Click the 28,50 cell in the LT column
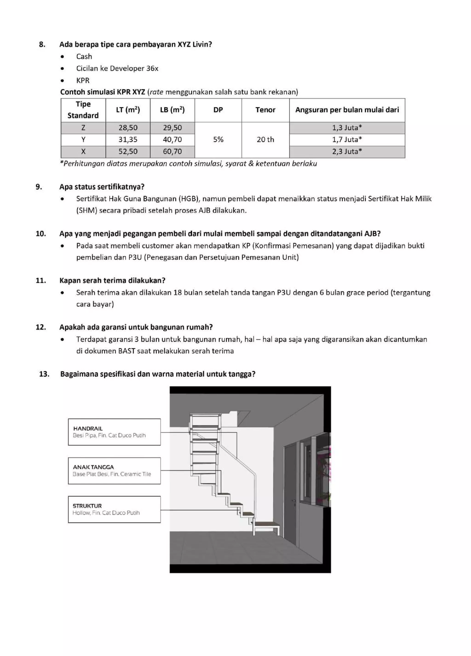(x=128, y=128)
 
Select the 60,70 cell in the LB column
(x=172, y=152)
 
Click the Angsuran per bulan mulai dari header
(x=347, y=110)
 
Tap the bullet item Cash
(x=84, y=57)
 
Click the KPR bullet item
(x=83, y=80)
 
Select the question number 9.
(x=39, y=187)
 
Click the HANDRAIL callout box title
(x=88, y=428)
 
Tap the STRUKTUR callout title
(x=87, y=506)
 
